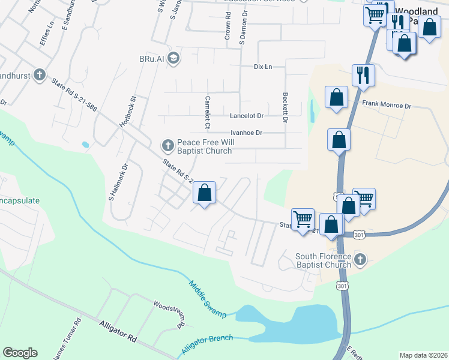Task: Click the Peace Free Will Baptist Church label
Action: [204, 146]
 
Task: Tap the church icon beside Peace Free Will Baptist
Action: [167, 145]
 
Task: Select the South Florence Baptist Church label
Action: [323, 260]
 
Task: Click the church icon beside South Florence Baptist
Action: [360, 259]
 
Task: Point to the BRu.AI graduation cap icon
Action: [173, 58]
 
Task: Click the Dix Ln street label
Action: [263, 67]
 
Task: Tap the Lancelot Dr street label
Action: [247, 115]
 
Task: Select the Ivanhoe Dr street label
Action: [246, 133]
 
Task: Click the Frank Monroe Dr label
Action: [386, 105]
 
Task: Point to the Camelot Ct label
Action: [207, 112]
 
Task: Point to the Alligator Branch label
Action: [206, 343]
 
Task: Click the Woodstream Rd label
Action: [167, 313]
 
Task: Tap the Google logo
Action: [20, 353]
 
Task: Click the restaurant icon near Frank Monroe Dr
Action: [363, 75]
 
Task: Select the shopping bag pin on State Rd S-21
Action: [205, 193]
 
